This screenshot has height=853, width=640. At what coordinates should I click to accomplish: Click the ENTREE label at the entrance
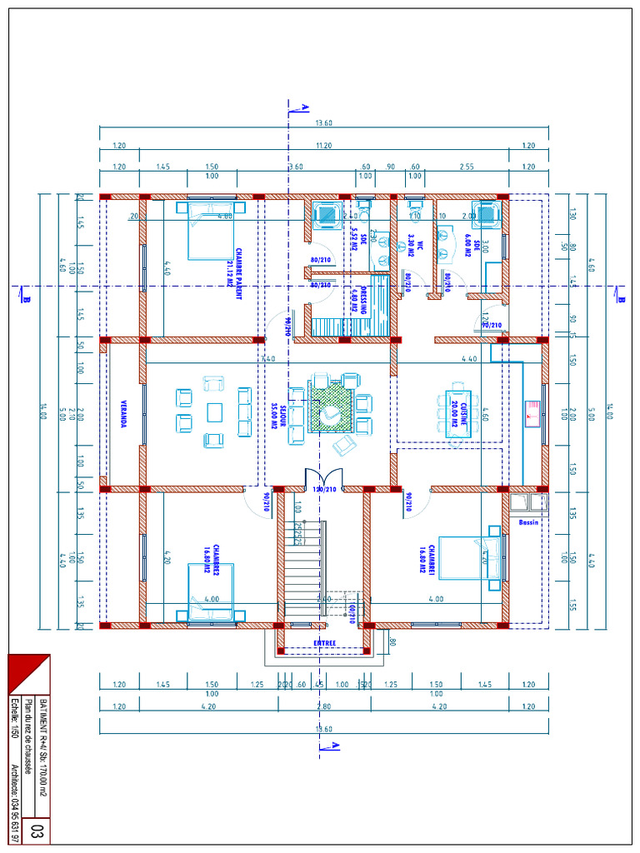(x=325, y=642)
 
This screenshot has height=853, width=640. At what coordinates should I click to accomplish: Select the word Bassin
(x=528, y=522)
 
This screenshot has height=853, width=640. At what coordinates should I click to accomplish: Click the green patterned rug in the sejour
(x=332, y=406)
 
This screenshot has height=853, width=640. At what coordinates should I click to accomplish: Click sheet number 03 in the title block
(x=37, y=831)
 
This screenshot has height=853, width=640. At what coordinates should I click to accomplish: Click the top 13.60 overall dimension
(x=324, y=123)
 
